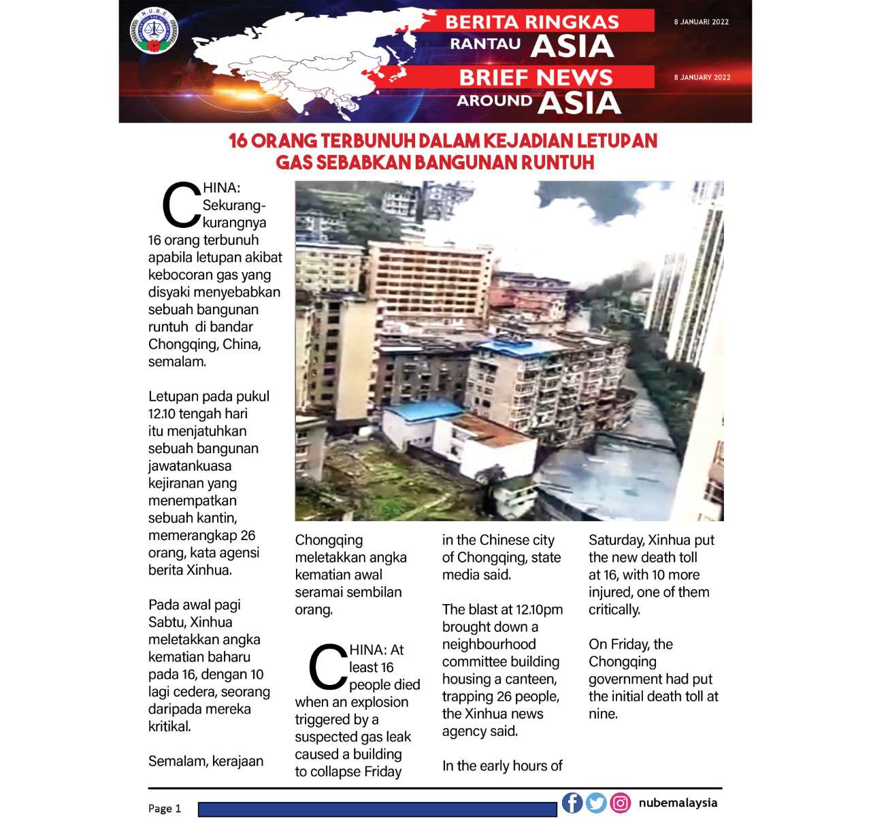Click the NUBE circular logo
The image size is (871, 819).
coord(154,31)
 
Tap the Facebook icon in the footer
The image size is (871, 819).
coord(572,803)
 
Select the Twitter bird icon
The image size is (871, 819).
coord(596,803)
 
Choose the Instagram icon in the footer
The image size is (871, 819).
coord(620,803)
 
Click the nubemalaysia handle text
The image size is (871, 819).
coord(678,803)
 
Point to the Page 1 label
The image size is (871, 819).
coord(165,808)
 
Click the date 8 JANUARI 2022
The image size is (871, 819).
coord(701,22)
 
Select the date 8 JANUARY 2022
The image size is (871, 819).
coord(702,78)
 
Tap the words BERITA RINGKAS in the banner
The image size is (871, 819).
coord(532,22)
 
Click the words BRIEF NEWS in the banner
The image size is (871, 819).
coord(536,78)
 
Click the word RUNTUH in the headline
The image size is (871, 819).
coord(557,163)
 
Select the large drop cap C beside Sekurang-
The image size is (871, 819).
coord(182,205)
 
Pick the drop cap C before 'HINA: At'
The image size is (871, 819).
coord(329,668)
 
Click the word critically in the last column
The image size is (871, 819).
coord(614,609)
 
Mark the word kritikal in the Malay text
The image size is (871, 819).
coord(169,726)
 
